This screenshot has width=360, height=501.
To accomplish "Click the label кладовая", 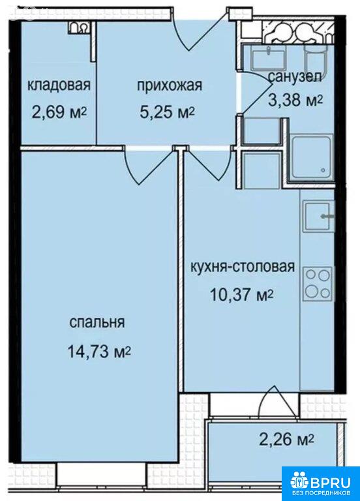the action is click(x=59, y=85).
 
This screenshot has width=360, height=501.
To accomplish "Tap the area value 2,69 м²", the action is click(x=59, y=112).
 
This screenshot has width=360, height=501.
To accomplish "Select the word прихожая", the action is click(x=170, y=85).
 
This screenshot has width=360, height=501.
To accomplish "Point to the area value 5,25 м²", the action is click(x=168, y=112).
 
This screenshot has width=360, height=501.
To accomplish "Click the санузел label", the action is click(x=295, y=77).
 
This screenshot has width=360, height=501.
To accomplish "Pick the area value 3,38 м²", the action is click(x=295, y=100).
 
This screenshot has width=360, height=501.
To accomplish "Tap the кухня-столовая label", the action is click(x=243, y=266).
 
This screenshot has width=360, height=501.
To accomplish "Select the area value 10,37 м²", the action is click(x=241, y=295).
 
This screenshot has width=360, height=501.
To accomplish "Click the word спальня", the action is click(x=97, y=323).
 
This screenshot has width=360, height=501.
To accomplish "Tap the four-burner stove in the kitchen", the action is click(x=318, y=284).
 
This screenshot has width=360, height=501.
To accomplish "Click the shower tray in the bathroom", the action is click(x=311, y=159).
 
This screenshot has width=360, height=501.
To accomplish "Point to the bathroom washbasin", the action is click(x=269, y=58).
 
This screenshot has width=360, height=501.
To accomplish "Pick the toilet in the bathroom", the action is click(x=316, y=57).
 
